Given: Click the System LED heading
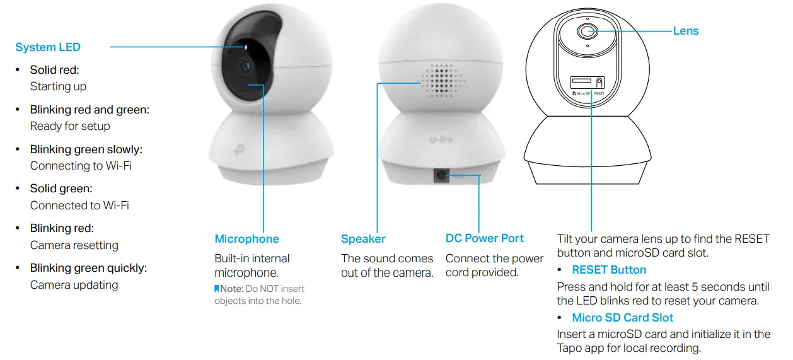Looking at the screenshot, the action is point(48,47).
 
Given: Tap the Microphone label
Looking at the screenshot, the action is point(246,239).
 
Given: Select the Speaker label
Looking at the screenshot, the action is point(363,239).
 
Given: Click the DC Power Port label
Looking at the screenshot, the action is point(485,238).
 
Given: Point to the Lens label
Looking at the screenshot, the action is point(686,31).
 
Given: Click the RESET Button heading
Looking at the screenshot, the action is point(609,270).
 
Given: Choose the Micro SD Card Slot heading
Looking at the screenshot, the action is point(623,318).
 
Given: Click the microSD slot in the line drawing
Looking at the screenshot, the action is point(581,81).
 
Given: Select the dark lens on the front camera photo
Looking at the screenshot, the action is point(246,66).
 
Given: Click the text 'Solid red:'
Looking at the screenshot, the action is point(55,70).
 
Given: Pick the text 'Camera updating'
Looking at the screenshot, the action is point(74,285).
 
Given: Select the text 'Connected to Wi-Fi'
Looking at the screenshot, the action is point(79,206).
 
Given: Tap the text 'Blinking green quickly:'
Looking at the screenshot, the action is point(88,268).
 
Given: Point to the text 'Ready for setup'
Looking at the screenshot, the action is point(70,126).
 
